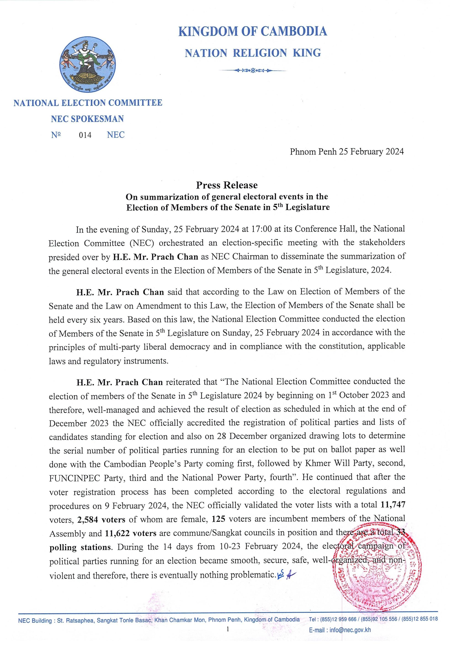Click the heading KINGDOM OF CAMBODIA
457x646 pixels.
pos(253,31)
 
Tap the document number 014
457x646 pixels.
pos(85,135)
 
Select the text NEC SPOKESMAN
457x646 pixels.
pos(87,119)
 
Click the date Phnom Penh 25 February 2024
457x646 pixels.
pos(347,152)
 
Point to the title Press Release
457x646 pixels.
pos(227,185)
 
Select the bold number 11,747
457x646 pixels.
pos(393,505)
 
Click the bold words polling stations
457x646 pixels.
pos(80,547)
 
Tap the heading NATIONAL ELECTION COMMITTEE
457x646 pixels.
pos(88,103)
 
